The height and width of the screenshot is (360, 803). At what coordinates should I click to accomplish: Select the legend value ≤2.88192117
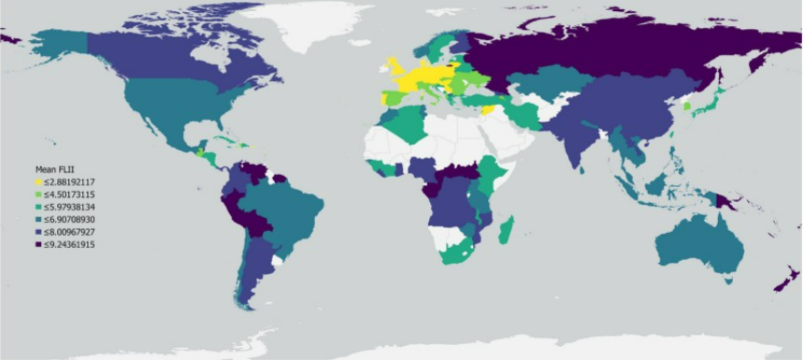pos(70,181)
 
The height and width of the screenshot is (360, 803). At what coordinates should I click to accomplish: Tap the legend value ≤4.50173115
pos(70,194)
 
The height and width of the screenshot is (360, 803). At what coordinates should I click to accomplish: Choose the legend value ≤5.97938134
pos(70,206)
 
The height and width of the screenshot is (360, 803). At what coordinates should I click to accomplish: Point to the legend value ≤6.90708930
pos(70,219)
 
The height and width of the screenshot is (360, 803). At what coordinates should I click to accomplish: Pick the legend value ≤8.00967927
pos(70,231)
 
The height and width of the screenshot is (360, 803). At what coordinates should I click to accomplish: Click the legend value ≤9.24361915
pos(70,244)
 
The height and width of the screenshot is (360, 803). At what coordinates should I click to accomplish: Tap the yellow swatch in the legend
pos(38,181)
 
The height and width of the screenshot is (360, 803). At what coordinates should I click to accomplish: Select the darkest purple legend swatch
pos(38,244)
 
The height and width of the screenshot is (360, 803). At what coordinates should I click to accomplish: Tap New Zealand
pos(781,281)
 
